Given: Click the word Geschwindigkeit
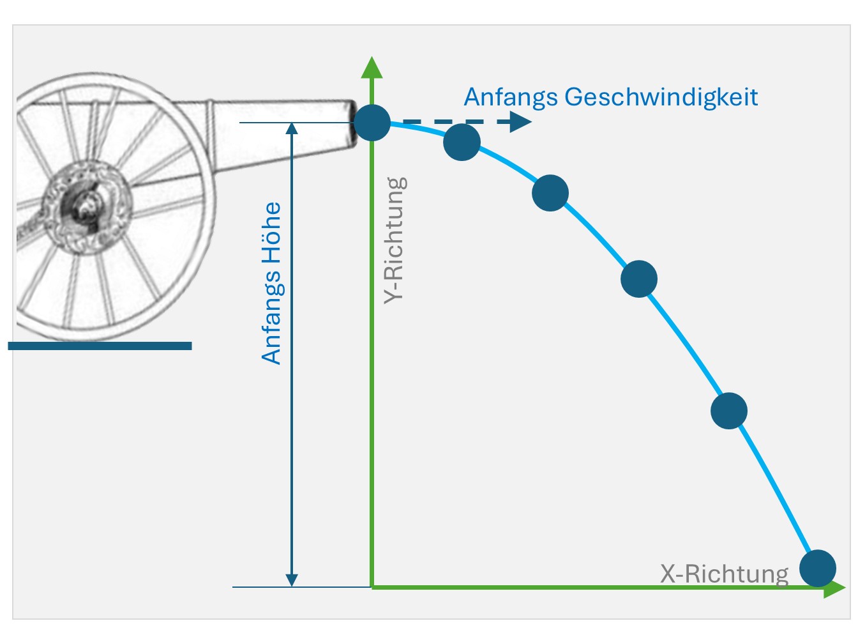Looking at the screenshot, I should [x=661, y=98].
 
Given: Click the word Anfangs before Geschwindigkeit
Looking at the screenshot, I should [x=510, y=98].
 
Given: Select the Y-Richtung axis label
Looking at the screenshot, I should [x=395, y=240].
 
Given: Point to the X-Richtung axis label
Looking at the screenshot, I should [x=724, y=574].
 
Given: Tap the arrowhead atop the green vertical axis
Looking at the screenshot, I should [x=372, y=68].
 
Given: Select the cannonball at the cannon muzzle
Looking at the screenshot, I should [x=372, y=122].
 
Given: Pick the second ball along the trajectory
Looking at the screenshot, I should [x=462, y=142].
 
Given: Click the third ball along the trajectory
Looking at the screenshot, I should [x=550, y=193].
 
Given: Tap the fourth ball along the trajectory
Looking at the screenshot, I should [x=639, y=279].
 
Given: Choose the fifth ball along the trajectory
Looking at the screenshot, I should [x=729, y=410].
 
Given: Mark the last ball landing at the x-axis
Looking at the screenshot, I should [x=818, y=568].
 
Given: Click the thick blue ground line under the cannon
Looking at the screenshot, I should [x=100, y=346].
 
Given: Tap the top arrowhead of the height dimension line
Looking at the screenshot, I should [x=292, y=129].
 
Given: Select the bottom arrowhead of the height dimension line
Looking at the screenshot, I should [x=292, y=579].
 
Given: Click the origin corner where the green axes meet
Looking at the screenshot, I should [x=372, y=586].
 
